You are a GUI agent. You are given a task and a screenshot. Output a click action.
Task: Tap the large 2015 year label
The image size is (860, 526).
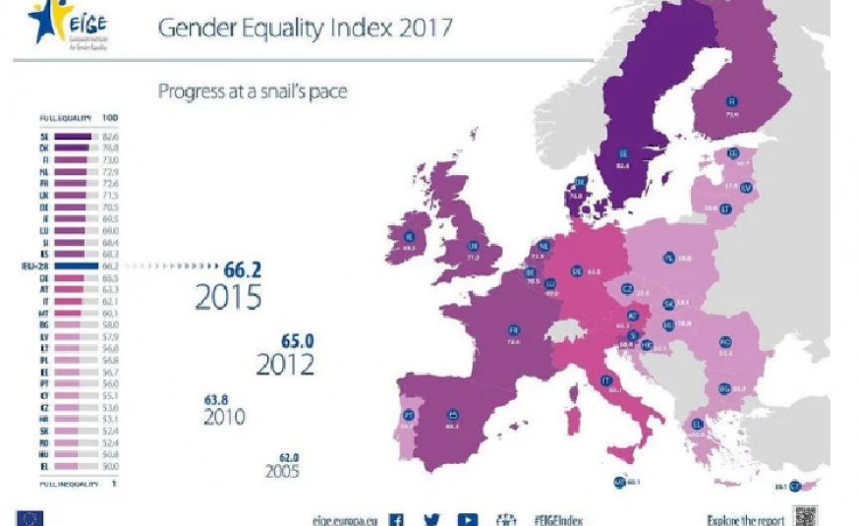coord(228,297)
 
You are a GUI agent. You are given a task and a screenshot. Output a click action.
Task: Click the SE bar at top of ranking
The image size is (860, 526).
coord(72,137)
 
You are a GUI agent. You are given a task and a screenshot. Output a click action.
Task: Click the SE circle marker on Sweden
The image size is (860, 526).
coord(622,154)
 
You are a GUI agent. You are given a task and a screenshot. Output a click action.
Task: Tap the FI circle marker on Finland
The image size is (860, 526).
coord(730,101)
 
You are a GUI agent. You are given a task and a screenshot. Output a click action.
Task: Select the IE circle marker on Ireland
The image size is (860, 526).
coord(409,236)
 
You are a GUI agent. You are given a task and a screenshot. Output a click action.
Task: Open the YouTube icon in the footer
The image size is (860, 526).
coord(468,518)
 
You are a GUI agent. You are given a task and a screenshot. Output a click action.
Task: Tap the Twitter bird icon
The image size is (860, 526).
coord(431,518)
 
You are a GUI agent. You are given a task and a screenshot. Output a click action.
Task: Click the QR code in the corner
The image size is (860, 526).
coord(805,516)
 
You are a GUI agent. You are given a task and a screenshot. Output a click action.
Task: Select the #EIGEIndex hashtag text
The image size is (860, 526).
coord(560,519)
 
